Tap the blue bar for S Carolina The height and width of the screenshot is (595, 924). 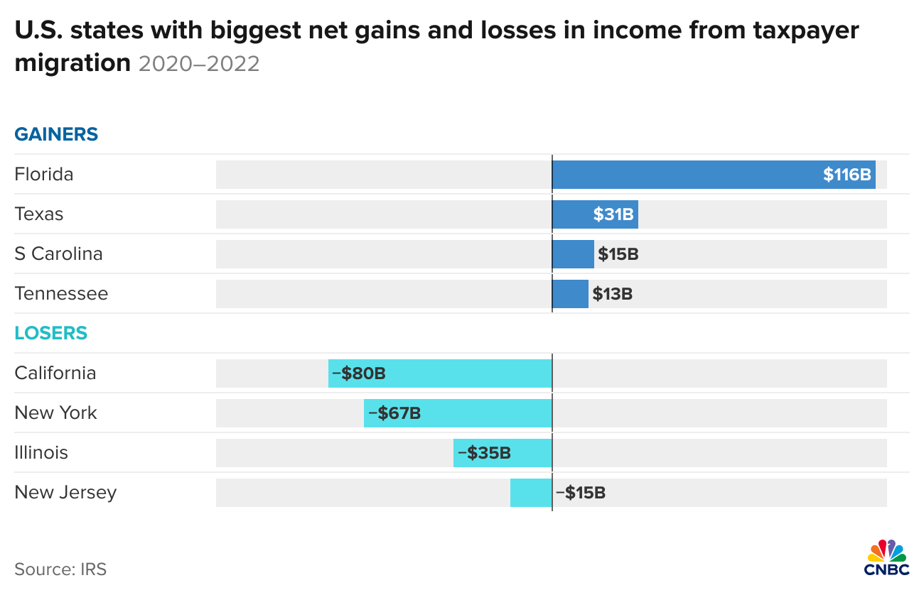[x=573, y=254]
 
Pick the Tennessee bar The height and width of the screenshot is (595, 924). [x=570, y=294]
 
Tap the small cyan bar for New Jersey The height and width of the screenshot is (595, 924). [x=530, y=493]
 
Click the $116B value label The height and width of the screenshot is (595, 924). [x=847, y=175]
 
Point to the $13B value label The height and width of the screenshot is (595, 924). [x=612, y=294]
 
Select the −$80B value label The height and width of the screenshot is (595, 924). [x=359, y=373]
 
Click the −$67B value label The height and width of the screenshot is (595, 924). [x=394, y=413]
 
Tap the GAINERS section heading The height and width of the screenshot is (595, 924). [x=56, y=134]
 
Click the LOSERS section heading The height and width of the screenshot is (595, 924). [x=50, y=333]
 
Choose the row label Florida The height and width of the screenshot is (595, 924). [x=44, y=175]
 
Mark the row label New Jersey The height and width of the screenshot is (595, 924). [x=65, y=493]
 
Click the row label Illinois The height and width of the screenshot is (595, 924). [x=41, y=453]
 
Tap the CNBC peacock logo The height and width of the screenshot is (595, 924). [x=886, y=557]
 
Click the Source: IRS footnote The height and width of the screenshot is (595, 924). [x=60, y=569]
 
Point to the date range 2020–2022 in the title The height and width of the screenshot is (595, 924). [x=199, y=64]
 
